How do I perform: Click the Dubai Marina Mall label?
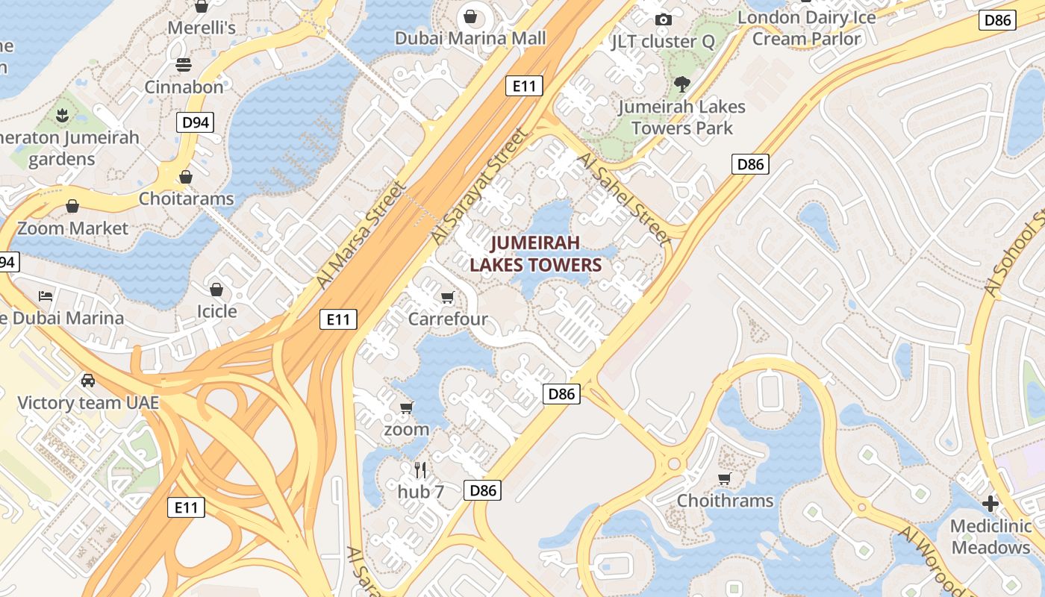point(470,38)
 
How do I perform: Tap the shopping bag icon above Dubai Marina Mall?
point(471,16)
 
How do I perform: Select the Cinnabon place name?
point(184,87)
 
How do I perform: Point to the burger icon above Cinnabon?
point(184,65)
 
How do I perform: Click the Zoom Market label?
point(72,228)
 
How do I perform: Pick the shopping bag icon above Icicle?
point(216,289)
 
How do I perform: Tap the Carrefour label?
point(448,319)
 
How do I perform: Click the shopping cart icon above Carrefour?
point(448,298)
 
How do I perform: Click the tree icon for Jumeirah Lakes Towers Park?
point(681,84)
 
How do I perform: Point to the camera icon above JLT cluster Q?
point(663,19)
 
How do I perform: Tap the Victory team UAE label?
point(88,403)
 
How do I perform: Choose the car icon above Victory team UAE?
point(88,381)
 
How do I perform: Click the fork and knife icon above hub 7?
point(420,469)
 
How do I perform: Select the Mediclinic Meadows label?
point(991,537)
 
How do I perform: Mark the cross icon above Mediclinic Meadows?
point(991,504)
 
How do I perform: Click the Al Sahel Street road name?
point(623,199)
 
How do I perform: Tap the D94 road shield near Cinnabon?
point(196,122)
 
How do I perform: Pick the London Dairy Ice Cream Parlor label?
point(806,28)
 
